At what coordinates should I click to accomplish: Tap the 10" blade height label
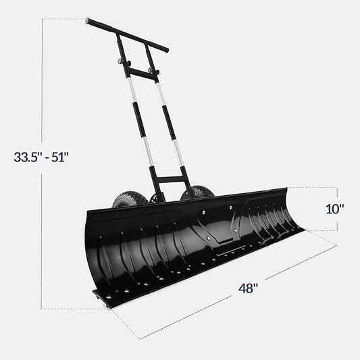point(335,209)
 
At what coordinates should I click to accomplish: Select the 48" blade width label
point(248,288)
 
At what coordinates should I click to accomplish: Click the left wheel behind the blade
point(130,201)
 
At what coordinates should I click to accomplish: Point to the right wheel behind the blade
point(197,192)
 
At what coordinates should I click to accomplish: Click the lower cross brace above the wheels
point(169,180)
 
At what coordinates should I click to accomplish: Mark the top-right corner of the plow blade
point(287,188)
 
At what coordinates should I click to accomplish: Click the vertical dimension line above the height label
point(43,81)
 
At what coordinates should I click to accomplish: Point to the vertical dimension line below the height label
point(43,236)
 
